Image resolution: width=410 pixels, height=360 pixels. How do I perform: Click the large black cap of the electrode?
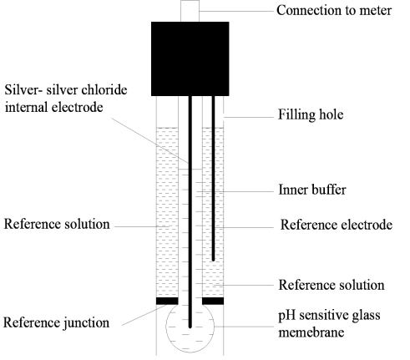tap(190, 58)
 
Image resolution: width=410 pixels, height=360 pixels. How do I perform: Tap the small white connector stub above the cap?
tap(190, 11)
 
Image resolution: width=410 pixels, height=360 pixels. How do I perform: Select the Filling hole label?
tap(311, 114)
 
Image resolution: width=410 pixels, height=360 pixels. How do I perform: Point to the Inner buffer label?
tap(312, 190)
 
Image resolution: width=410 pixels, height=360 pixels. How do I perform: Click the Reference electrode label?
tap(337, 225)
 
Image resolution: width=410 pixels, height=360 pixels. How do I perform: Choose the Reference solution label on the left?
tap(57, 224)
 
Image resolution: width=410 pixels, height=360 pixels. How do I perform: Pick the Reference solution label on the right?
tap(332, 285)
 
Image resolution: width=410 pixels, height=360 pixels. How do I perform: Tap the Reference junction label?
tap(56, 322)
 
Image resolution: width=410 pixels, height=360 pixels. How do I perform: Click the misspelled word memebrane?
tap(311, 332)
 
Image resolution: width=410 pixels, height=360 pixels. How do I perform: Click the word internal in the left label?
tap(26, 107)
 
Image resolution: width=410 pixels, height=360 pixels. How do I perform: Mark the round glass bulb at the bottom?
tap(190, 328)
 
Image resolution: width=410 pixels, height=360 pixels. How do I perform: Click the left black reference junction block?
tap(167, 301)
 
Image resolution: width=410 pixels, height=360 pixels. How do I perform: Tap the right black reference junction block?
tap(213, 301)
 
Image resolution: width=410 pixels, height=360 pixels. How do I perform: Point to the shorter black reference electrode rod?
tap(214, 178)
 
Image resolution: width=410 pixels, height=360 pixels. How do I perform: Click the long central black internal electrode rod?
tap(190, 212)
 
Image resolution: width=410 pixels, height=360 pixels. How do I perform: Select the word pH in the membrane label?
tap(285, 316)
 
